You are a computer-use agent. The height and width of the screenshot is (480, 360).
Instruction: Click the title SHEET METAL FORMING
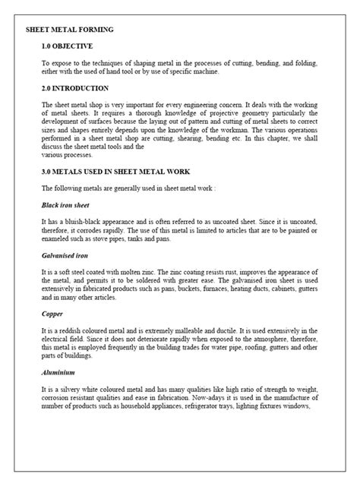click(x=70, y=29)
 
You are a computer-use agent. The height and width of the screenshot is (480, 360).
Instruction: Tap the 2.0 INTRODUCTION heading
click(x=77, y=88)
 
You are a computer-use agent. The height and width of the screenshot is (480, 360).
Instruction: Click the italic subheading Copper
click(x=52, y=313)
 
